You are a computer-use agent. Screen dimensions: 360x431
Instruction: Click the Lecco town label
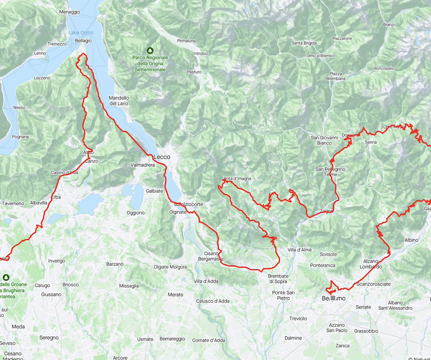click(162, 157)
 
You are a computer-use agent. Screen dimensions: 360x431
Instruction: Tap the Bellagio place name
click(83, 41)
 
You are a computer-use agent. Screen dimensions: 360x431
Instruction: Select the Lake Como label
click(81, 33)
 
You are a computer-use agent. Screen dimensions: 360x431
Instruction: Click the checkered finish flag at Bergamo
click(334, 298)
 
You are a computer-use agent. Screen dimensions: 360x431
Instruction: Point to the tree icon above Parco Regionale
click(150, 50)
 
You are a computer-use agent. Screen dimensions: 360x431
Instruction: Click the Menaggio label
click(70, 12)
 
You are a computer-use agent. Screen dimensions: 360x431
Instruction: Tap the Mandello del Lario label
click(119, 101)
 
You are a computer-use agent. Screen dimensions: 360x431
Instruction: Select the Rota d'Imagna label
click(237, 179)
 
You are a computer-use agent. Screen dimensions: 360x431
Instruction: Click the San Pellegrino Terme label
click(330, 172)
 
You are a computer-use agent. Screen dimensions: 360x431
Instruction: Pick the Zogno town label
click(326, 211)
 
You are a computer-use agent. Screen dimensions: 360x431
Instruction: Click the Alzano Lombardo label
click(370, 264)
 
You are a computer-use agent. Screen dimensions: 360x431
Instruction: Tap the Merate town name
click(175, 295)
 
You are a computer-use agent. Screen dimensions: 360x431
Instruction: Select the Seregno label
click(49, 338)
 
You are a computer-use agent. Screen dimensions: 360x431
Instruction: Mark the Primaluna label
click(186, 41)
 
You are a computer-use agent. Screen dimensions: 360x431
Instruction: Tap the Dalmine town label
click(293, 338)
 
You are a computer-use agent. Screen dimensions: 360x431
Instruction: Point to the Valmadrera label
click(142, 165)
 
